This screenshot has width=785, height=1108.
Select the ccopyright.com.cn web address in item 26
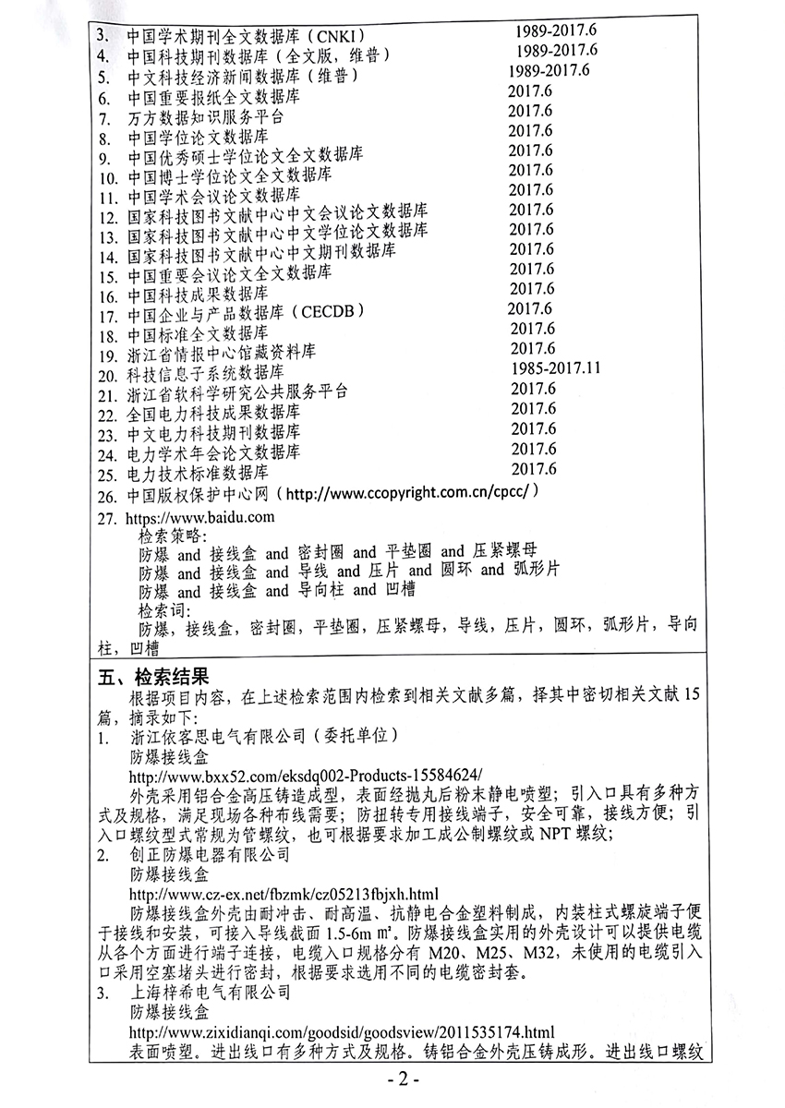(x=421, y=495)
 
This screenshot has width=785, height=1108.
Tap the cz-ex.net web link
(x=284, y=894)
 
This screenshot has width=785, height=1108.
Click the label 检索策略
(x=174, y=536)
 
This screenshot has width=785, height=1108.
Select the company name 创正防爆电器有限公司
(x=210, y=854)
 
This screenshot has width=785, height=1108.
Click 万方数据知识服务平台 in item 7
(x=205, y=118)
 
